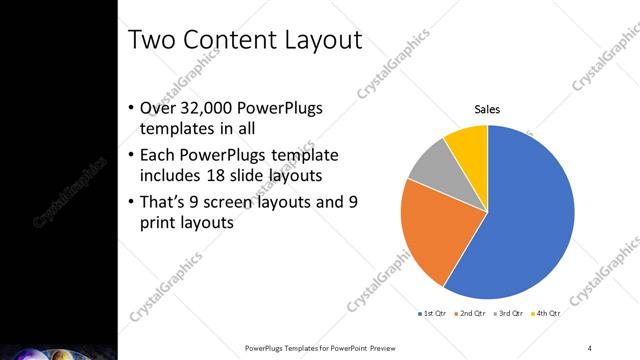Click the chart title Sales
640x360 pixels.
[x=487, y=110]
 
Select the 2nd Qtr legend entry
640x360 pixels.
[x=473, y=314]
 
